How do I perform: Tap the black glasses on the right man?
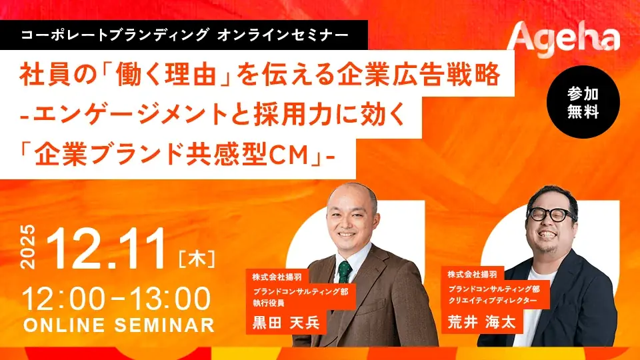coord(550,215)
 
